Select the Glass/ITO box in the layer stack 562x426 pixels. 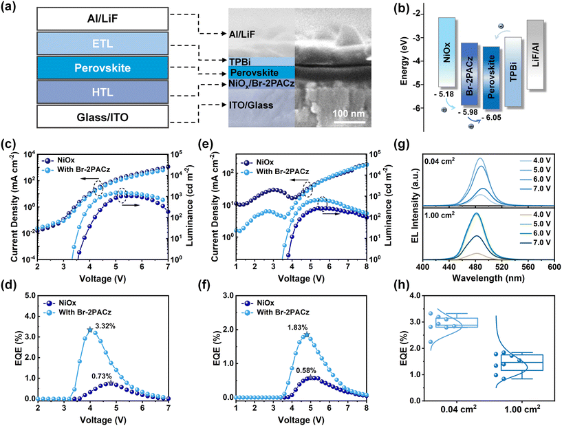coord(94,117)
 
